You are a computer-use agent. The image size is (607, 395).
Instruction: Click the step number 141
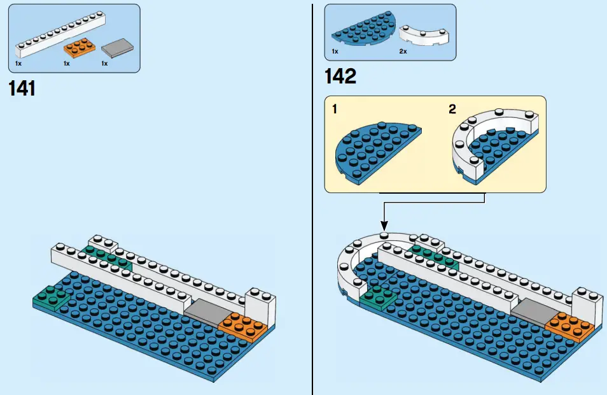pos(22,89)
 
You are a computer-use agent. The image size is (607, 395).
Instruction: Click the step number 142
pos(340,76)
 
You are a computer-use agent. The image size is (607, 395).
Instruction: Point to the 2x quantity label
pos(403,51)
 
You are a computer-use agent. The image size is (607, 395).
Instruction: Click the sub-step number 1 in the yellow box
pos(335,109)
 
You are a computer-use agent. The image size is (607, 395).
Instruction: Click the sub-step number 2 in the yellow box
pos(452,109)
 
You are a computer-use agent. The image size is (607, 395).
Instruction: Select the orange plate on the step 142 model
pos(571,324)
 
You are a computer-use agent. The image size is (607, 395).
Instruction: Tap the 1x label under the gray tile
pos(105,64)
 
